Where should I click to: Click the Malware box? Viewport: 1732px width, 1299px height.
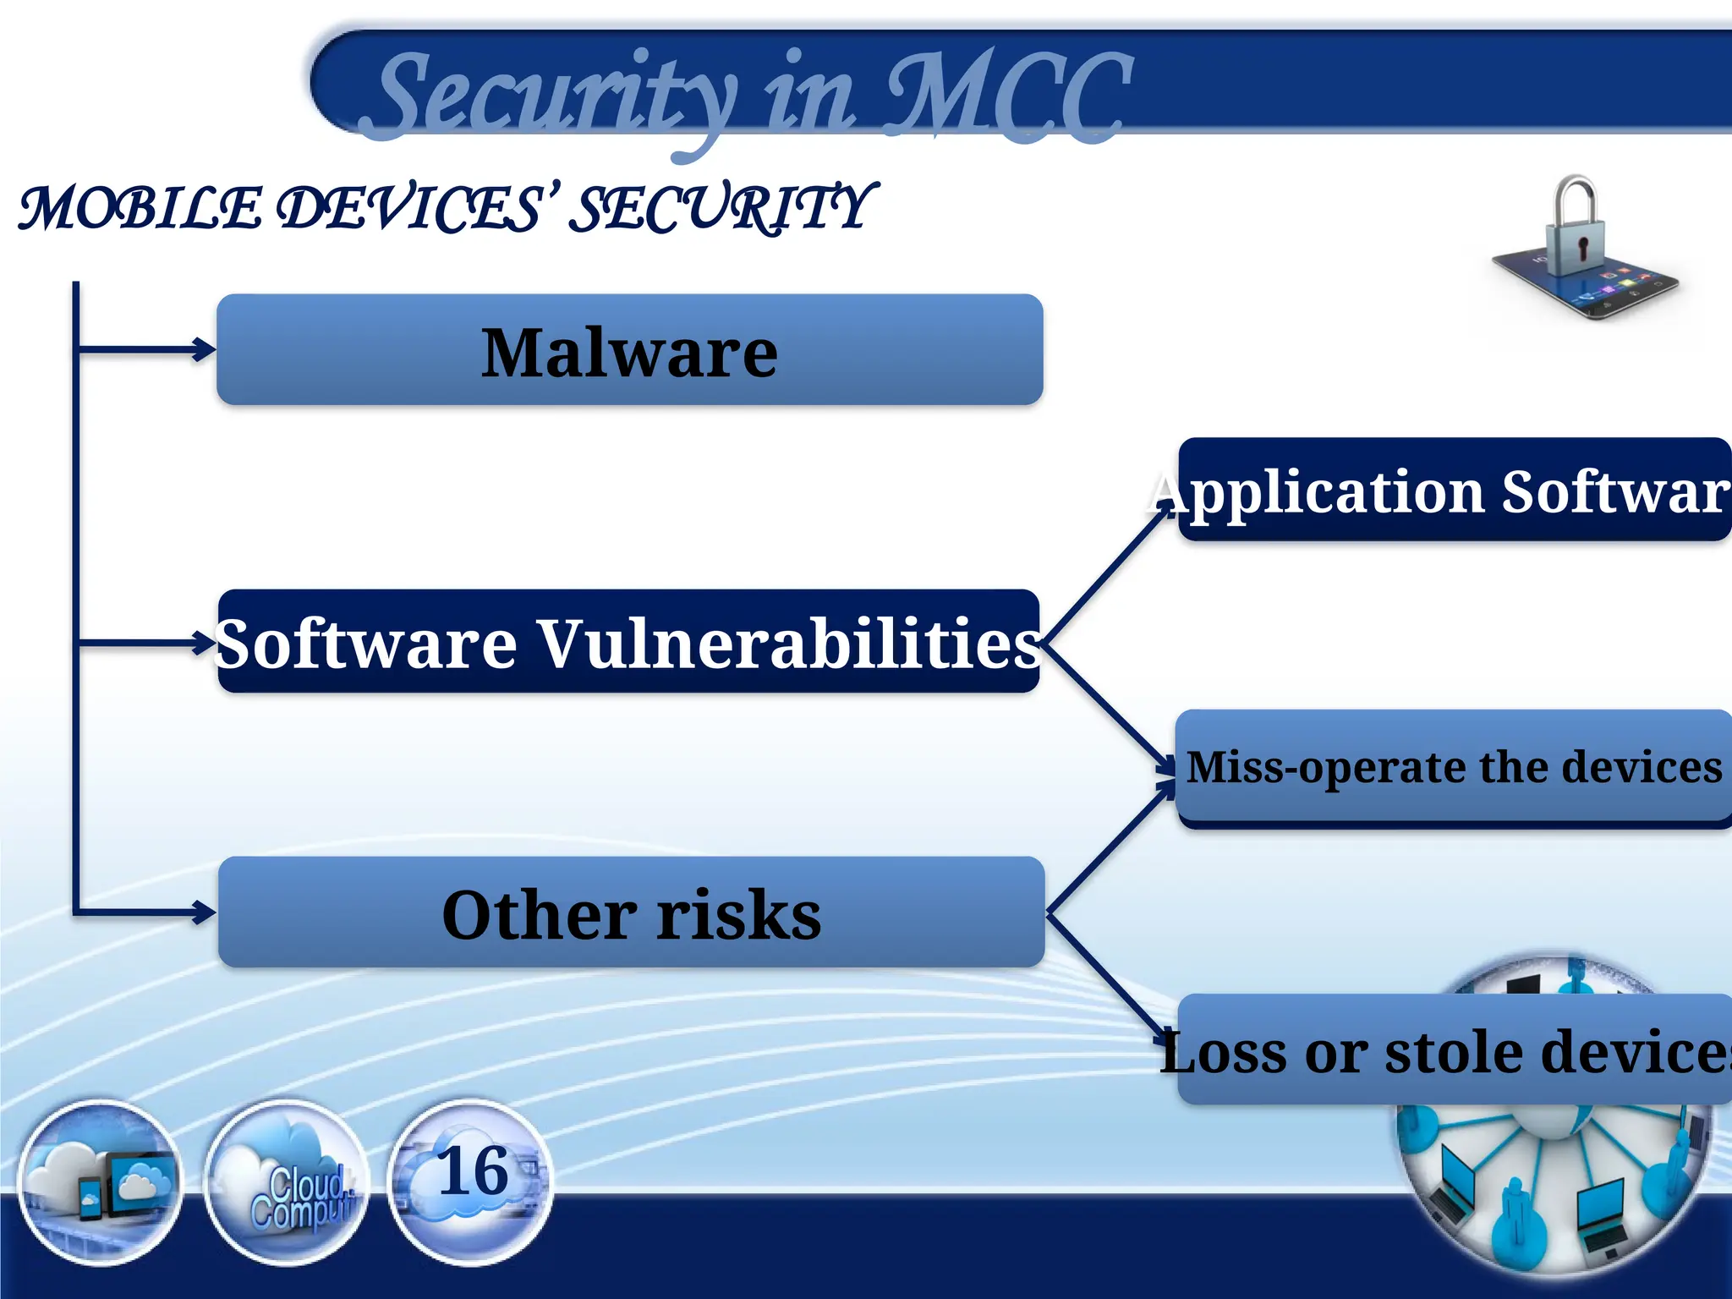629,349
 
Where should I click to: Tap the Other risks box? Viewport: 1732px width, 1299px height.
631,912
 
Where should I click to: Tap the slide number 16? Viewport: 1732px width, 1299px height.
473,1172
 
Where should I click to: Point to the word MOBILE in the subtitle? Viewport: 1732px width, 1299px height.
140,209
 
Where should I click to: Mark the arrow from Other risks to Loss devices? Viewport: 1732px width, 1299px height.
1108,978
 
